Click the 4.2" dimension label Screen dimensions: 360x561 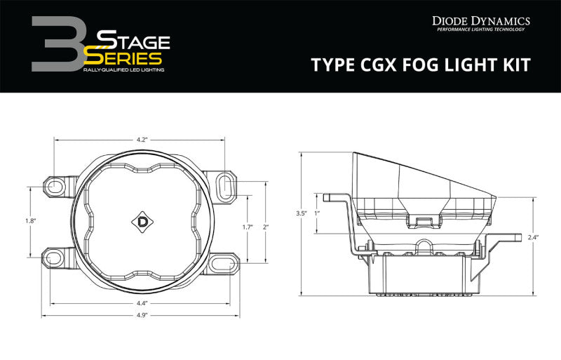coord(140,140)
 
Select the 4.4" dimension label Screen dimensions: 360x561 coord(140,304)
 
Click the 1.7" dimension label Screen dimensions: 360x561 coord(247,226)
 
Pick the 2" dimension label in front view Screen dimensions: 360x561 coord(265,226)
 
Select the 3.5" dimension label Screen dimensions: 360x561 coord(302,213)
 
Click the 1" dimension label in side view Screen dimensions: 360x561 coord(317,213)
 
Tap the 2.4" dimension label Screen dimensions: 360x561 coord(534,236)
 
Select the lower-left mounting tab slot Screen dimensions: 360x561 coord(54,256)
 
